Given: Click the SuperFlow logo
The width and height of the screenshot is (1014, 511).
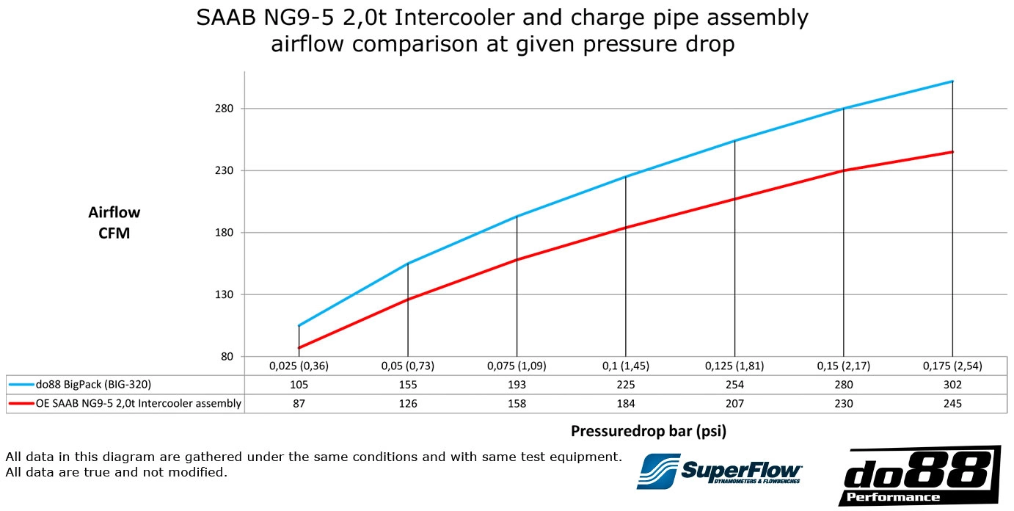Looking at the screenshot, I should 719,470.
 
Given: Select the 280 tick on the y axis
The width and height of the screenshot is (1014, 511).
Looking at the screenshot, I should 224,109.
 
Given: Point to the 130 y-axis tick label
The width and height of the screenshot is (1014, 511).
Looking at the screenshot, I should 224,295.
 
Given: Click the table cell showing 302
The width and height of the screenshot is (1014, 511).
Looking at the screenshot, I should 952,384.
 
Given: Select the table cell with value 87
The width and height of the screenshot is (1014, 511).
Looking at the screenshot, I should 299,403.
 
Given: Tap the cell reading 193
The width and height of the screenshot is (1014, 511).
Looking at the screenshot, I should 517,384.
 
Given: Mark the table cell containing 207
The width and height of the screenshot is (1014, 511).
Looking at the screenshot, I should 734,403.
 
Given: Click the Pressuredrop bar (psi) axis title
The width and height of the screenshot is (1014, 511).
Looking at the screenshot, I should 648,431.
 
